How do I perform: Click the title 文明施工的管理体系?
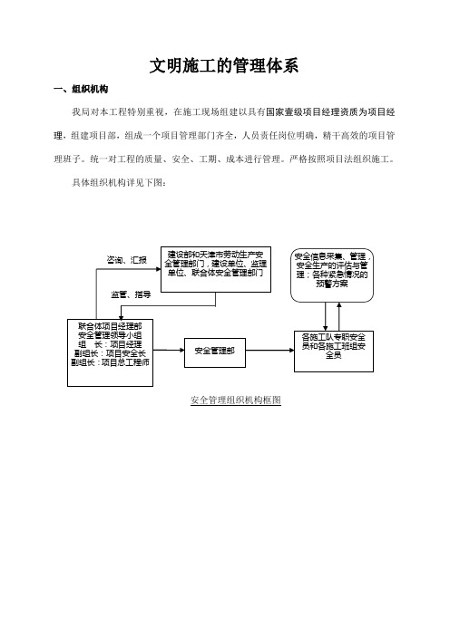click(x=224, y=66)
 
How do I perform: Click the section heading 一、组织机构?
click(x=81, y=89)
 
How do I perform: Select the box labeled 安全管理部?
click(x=215, y=352)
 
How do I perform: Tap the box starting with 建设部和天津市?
click(x=216, y=269)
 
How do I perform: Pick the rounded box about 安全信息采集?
click(x=332, y=275)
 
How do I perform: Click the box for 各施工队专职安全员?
click(x=334, y=352)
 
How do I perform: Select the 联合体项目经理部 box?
click(x=110, y=352)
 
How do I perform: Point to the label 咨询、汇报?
click(x=126, y=260)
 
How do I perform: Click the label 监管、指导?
click(x=131, y=294)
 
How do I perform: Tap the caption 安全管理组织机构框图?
click(x=236, y=400)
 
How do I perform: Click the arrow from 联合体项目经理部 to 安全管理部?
click(x=169, y=350)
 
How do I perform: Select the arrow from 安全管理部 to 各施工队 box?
click(x=269, y=350)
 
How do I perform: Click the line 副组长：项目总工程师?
click(x=110, y=362)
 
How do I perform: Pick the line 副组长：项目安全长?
click(x=110, y=353)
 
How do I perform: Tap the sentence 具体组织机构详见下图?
click(x=119, y=182)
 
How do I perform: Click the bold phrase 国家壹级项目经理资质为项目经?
click(x=330, y=112)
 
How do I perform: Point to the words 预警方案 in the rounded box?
click(x=332, y=284)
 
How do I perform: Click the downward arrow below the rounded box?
click(x=326, y=316)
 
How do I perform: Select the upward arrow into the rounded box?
click(x=339, y=316)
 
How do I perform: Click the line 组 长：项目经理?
click(x=110, y=344)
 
